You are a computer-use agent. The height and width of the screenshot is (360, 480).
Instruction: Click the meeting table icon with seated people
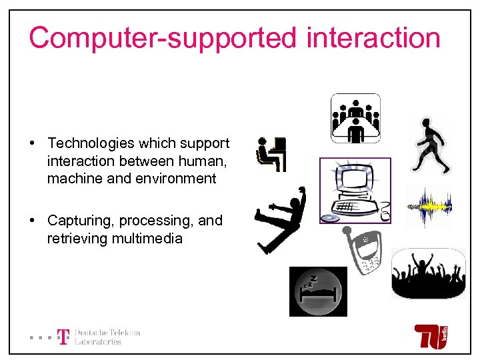(355, 118)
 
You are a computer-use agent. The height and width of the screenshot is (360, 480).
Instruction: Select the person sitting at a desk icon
(271, 154)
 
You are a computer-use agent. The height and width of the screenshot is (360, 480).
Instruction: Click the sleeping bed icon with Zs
(318, 291)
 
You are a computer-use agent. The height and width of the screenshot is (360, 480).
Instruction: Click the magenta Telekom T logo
(63, 337)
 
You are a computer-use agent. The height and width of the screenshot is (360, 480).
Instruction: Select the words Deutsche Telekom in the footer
(107, 333)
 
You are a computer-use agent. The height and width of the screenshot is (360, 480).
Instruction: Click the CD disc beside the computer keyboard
(329, 217)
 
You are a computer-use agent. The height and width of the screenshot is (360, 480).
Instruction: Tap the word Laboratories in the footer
(98, 342)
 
